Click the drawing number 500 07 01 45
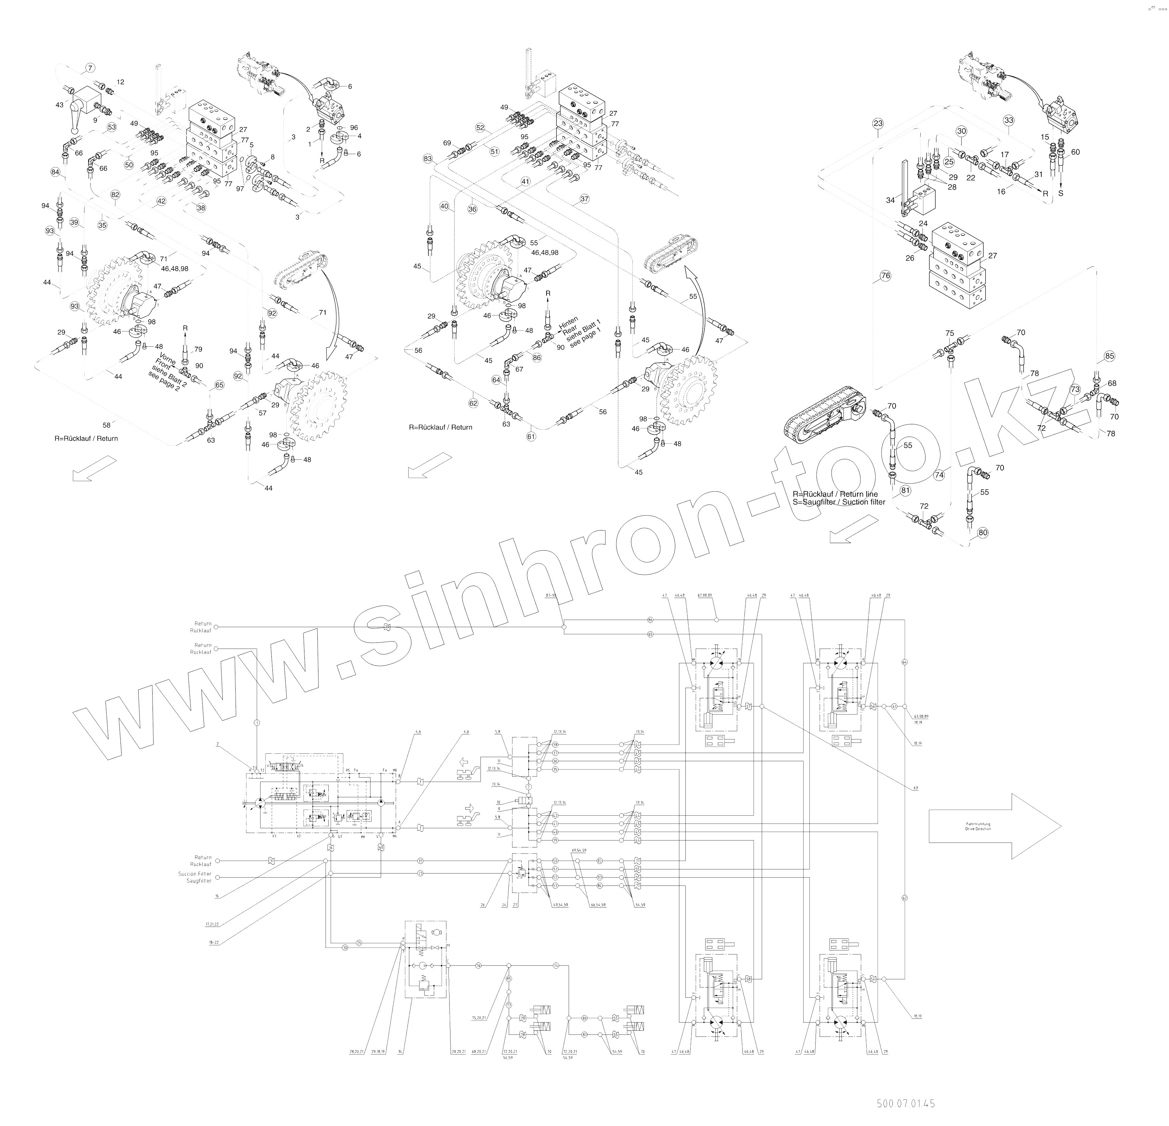905,1103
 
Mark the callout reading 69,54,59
579,850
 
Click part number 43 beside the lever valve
59,105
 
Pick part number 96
354,128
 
